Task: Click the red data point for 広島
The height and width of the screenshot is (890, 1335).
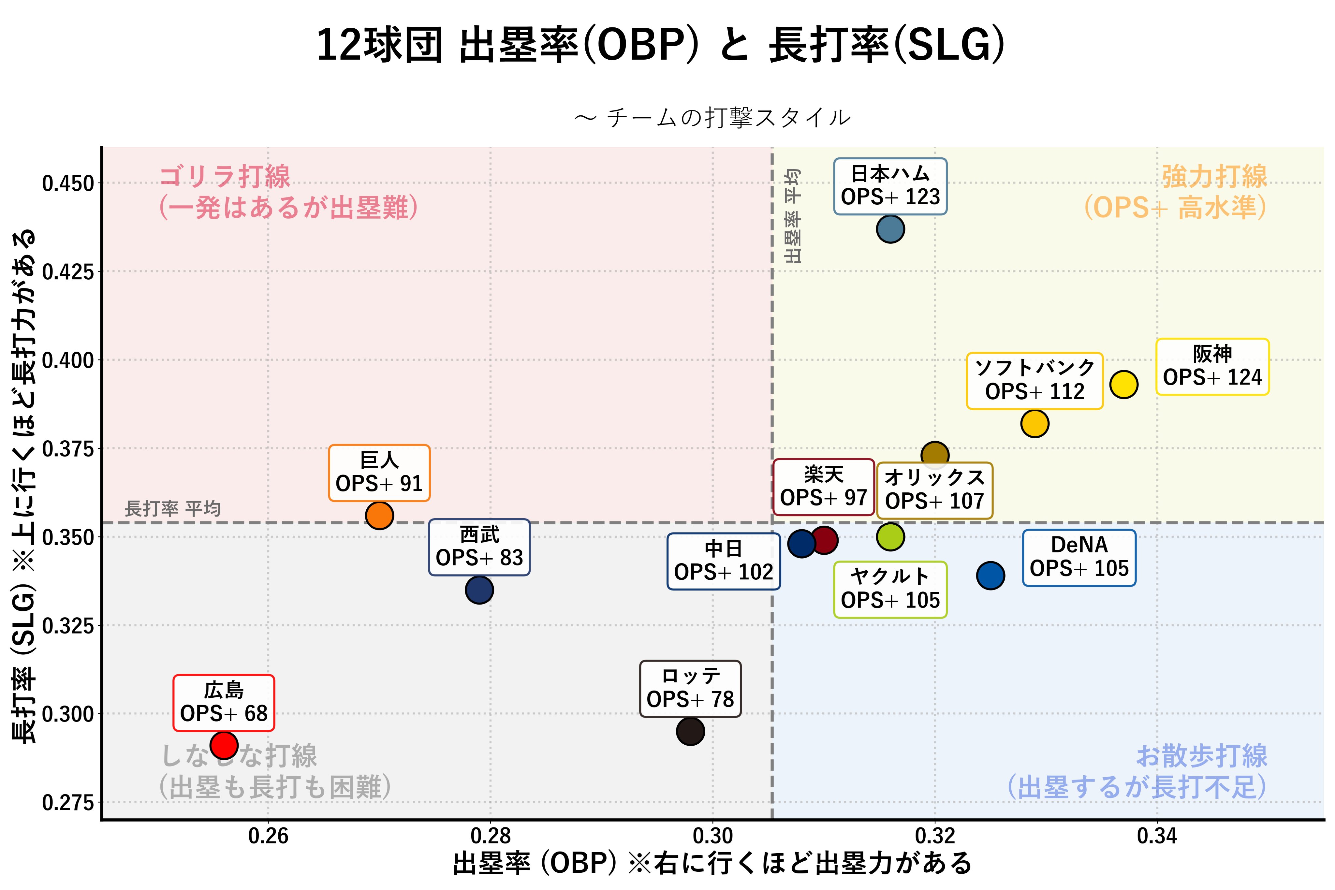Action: (224, 745)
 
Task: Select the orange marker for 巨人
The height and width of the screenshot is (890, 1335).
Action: (379, 515)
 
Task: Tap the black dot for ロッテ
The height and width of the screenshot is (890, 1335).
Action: (690, 731)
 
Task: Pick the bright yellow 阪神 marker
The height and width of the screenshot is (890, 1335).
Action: (1123, 384)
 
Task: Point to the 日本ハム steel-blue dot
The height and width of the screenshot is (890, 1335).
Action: (890, 229)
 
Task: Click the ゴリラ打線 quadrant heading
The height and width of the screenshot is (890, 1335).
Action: (225, 177)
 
